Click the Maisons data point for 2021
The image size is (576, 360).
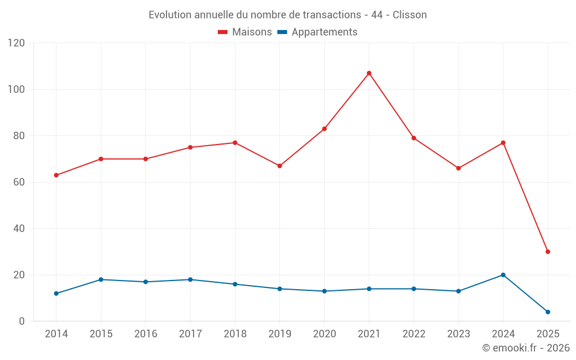(x=369, y=73)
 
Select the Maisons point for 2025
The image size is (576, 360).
(x=548, y=252)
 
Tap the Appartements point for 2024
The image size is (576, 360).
(x=503, y=275)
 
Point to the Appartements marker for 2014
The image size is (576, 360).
(x=56, y=293)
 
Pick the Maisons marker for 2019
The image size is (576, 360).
(x=279, y=166)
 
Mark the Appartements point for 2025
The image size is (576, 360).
(x=548, y=312)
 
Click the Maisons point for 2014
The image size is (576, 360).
(x=56, y=175)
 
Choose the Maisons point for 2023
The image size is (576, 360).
(x=458, y=168)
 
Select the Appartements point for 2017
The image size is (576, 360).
(x=190, y=279)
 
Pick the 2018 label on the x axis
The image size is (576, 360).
(x=235, y=334)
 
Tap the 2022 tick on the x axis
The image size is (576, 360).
(x=414, y=334)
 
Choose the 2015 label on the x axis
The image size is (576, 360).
(x=101, y=334)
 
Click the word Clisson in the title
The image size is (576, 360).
(x=410, y=15)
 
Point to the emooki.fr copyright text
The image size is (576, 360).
(x=526, y=348)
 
